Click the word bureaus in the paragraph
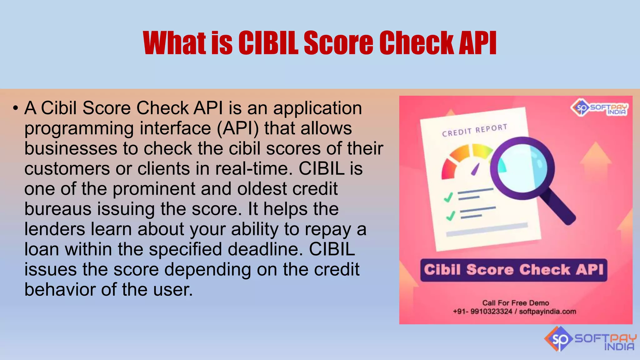coord(58,209)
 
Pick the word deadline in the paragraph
coord(265,250)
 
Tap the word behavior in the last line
coord(60,290)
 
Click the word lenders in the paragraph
coord(55,229)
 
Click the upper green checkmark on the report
coord(448,197)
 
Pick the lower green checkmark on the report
coord(450,216)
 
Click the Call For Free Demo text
coord(515,303)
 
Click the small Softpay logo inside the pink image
coord(599,108)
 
